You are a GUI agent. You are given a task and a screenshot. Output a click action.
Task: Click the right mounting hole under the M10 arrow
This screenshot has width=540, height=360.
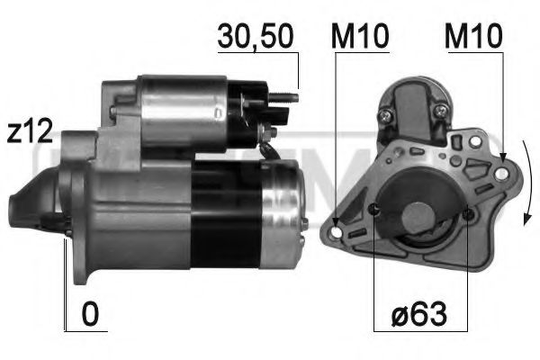(x=500, y=167)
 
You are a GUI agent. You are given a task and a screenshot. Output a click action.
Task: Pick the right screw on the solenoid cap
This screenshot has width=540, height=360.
(x=439, y=111)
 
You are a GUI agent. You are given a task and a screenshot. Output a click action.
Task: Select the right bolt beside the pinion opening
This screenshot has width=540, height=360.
(x=469, y=214)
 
